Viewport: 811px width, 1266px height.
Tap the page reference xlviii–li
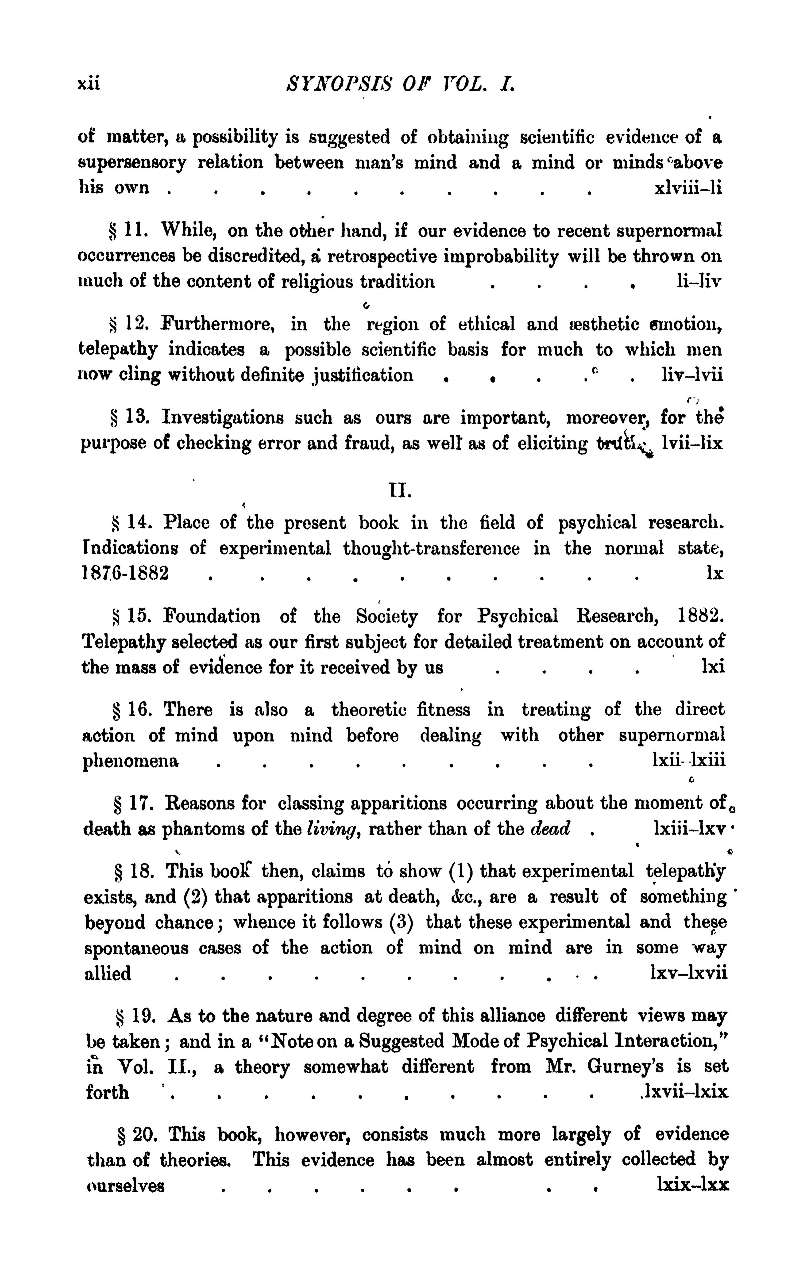click(x=687, y=188)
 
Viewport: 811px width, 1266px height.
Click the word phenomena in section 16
click(x=131, y=761)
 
